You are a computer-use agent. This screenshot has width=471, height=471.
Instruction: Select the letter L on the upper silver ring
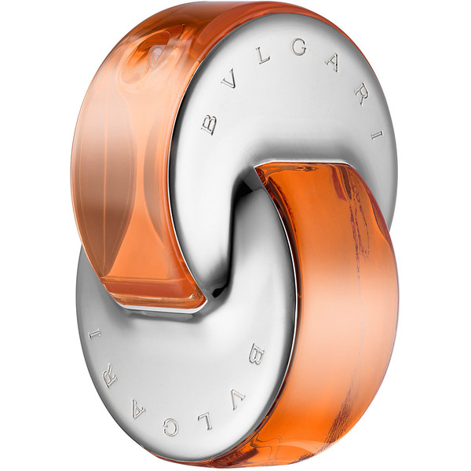pos(262,57)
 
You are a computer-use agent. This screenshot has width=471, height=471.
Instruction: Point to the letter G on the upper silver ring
pos(298,48)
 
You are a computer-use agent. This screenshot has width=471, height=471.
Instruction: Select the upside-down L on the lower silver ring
pos(206,421)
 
